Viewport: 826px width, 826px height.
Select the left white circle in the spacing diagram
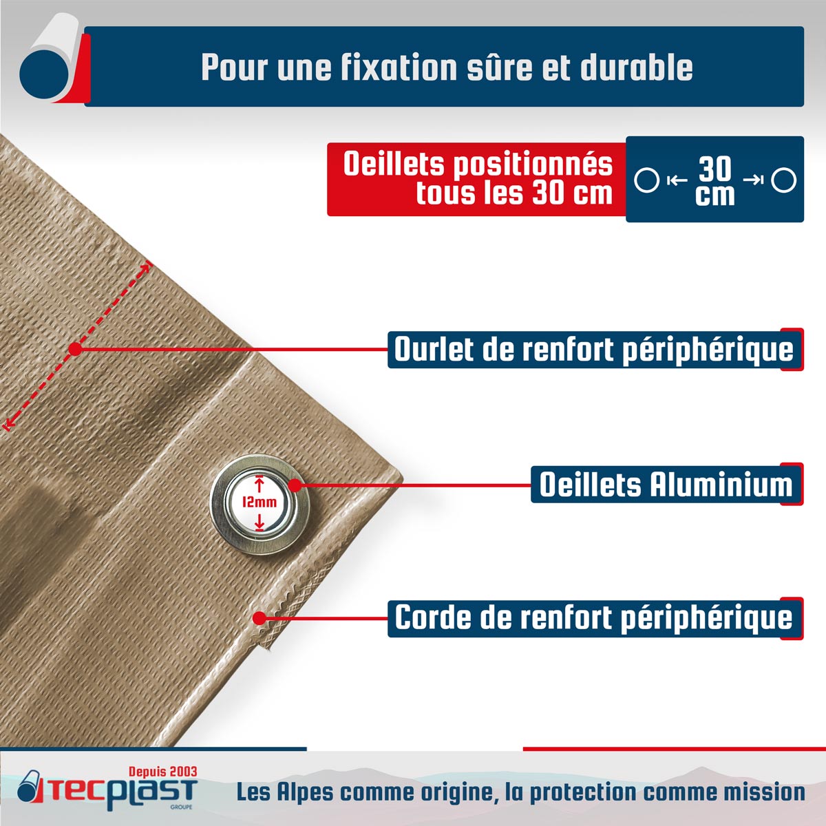point(647,180)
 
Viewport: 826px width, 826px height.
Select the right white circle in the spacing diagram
point(784,180)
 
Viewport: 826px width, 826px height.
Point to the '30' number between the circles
point(715,169)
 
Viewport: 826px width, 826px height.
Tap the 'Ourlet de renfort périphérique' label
point(594,350)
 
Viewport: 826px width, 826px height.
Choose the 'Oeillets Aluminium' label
point(666,485)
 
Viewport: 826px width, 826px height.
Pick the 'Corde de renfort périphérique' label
point(593,618)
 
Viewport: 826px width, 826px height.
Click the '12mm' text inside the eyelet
point(260,502)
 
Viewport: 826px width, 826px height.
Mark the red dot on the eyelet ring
point(295,485)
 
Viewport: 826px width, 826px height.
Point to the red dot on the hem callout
point(76,349)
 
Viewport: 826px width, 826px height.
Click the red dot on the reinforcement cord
point(259,618)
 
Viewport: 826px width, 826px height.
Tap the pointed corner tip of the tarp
point(401,476)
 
